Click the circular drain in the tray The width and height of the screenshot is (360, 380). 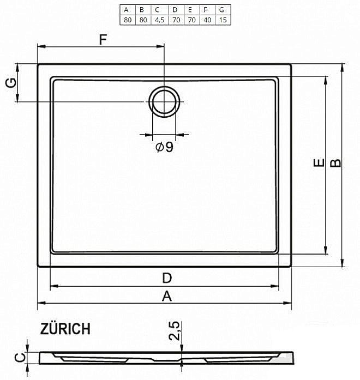click(x=164, y=101)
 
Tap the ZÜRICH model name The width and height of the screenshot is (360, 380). click(x=65, y=329)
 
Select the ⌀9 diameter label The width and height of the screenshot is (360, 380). click(x=164, y=147)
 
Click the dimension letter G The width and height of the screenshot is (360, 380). click(x=9, y=83)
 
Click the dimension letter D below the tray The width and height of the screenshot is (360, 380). click(x=167, y=278)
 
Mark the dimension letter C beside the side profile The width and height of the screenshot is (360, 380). click(x=18, y=358)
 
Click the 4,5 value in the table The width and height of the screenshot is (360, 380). click(x=158, y=20)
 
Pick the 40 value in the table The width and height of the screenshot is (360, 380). click(x=206, y=20)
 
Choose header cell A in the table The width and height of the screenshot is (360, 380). click(x=127, y=10)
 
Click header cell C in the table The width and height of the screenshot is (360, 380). click(x=158, y=10)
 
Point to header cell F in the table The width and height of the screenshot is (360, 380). click(x=206, y=10)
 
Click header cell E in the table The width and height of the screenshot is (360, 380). click(x=190, y=10)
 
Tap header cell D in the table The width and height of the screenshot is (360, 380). click(x=175, y=10)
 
